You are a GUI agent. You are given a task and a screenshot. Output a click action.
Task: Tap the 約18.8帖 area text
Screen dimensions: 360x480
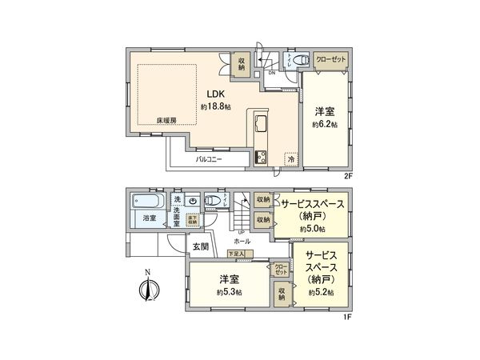pos(216,106)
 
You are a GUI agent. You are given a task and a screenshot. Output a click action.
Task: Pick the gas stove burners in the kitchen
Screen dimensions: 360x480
pos(261,157)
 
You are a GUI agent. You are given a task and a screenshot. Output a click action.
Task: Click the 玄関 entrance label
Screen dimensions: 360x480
pos(200,247)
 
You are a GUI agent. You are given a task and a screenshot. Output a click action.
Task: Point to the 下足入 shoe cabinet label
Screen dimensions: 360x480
pos(236,253)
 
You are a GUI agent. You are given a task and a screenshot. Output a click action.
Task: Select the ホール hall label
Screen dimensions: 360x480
pos(242,241)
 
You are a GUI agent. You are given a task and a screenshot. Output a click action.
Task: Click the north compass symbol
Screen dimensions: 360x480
pos(146,289)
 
